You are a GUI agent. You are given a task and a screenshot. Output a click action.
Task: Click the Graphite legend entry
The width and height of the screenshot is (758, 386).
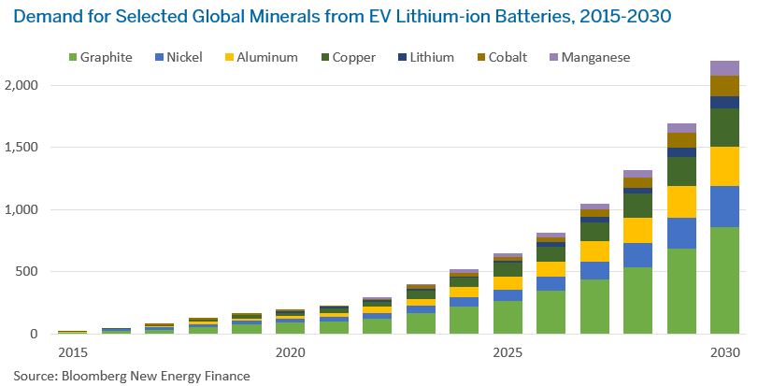[x=98, y=58]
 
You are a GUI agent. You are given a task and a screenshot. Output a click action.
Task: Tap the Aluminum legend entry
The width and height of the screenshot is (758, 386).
[x=257, y=58]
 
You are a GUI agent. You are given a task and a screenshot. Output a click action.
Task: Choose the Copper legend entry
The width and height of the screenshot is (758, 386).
[x=345, y=58]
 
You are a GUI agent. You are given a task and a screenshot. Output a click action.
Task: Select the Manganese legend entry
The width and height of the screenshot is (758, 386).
[x=590, y=58]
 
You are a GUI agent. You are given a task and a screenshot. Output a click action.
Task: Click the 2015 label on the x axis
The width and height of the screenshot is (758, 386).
[x=73, y=353]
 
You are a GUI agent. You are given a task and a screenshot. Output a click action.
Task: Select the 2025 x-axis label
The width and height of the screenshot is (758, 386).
[x=508, y=353]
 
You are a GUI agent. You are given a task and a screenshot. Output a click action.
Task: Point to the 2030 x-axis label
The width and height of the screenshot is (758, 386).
[x=724, y=353]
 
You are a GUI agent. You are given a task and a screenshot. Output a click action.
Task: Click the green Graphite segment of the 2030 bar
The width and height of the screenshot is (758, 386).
[x=724, y=280]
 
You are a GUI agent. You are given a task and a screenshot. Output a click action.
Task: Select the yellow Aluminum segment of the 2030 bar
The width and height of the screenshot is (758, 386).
[x=724, y=166]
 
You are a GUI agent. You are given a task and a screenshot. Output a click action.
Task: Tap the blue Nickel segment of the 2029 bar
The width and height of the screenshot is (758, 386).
[x=681, y=233]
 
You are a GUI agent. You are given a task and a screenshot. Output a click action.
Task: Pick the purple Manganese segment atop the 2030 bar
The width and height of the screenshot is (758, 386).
[x=724, y=68]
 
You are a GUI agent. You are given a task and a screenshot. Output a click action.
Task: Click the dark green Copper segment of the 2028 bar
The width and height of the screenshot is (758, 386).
[x=637, y=205]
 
